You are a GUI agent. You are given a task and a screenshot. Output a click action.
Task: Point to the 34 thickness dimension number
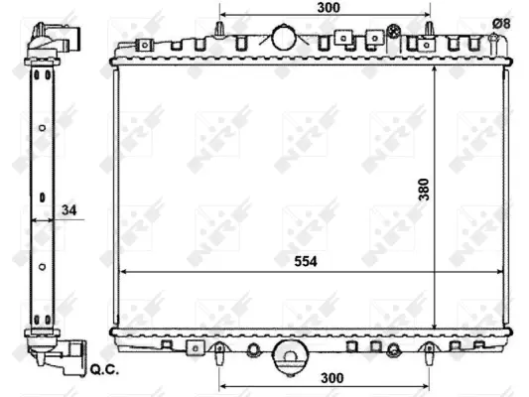(x=68, y=208)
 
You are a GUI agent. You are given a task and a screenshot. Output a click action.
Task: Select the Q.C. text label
(x=103, y=372)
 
